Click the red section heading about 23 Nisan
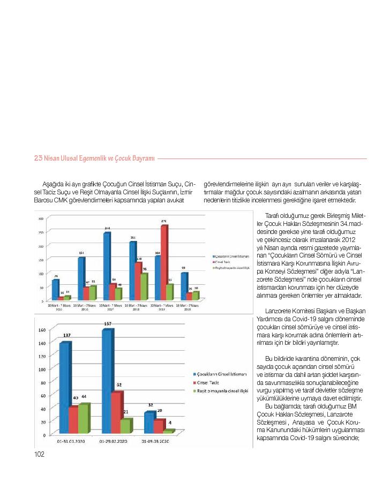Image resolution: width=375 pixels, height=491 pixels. tap(94, 158)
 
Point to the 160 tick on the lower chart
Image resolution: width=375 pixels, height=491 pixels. tap(43, 330)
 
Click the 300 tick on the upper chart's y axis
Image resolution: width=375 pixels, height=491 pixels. tap(41, 218)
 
